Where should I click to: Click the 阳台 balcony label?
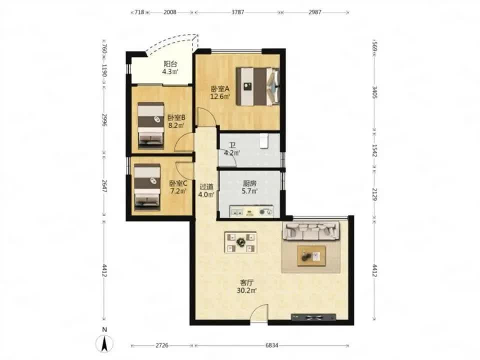[x=170, y=64]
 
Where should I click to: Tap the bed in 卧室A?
[x=258, y=86]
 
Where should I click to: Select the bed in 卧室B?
[x=150, y=126]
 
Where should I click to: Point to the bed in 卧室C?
[x=147, y=187]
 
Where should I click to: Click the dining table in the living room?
[x=240, y=242]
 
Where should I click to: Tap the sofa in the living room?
[x=311, y=230]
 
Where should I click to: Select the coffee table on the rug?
[x=311, y=255]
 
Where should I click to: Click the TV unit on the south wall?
[x=313, y=317]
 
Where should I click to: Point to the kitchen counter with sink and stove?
[x=251, y=211]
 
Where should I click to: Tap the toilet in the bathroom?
[x=264, y=140]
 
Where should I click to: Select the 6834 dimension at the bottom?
[x=271, y=345]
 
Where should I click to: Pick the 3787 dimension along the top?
[x=237, y=12]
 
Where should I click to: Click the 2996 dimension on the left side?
[x=104, y=119]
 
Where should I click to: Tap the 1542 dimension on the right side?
[x=374, y=150]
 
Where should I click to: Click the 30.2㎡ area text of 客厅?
[x=246, y=290]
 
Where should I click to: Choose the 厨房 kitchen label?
[x=249, y=183]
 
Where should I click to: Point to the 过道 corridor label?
[x=206, y=186]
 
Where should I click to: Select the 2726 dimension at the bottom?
[x=162, y=345]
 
